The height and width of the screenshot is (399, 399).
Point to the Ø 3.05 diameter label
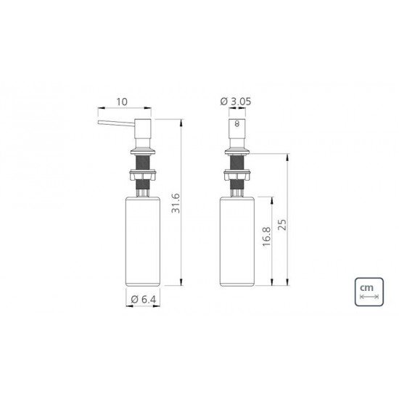237,102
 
